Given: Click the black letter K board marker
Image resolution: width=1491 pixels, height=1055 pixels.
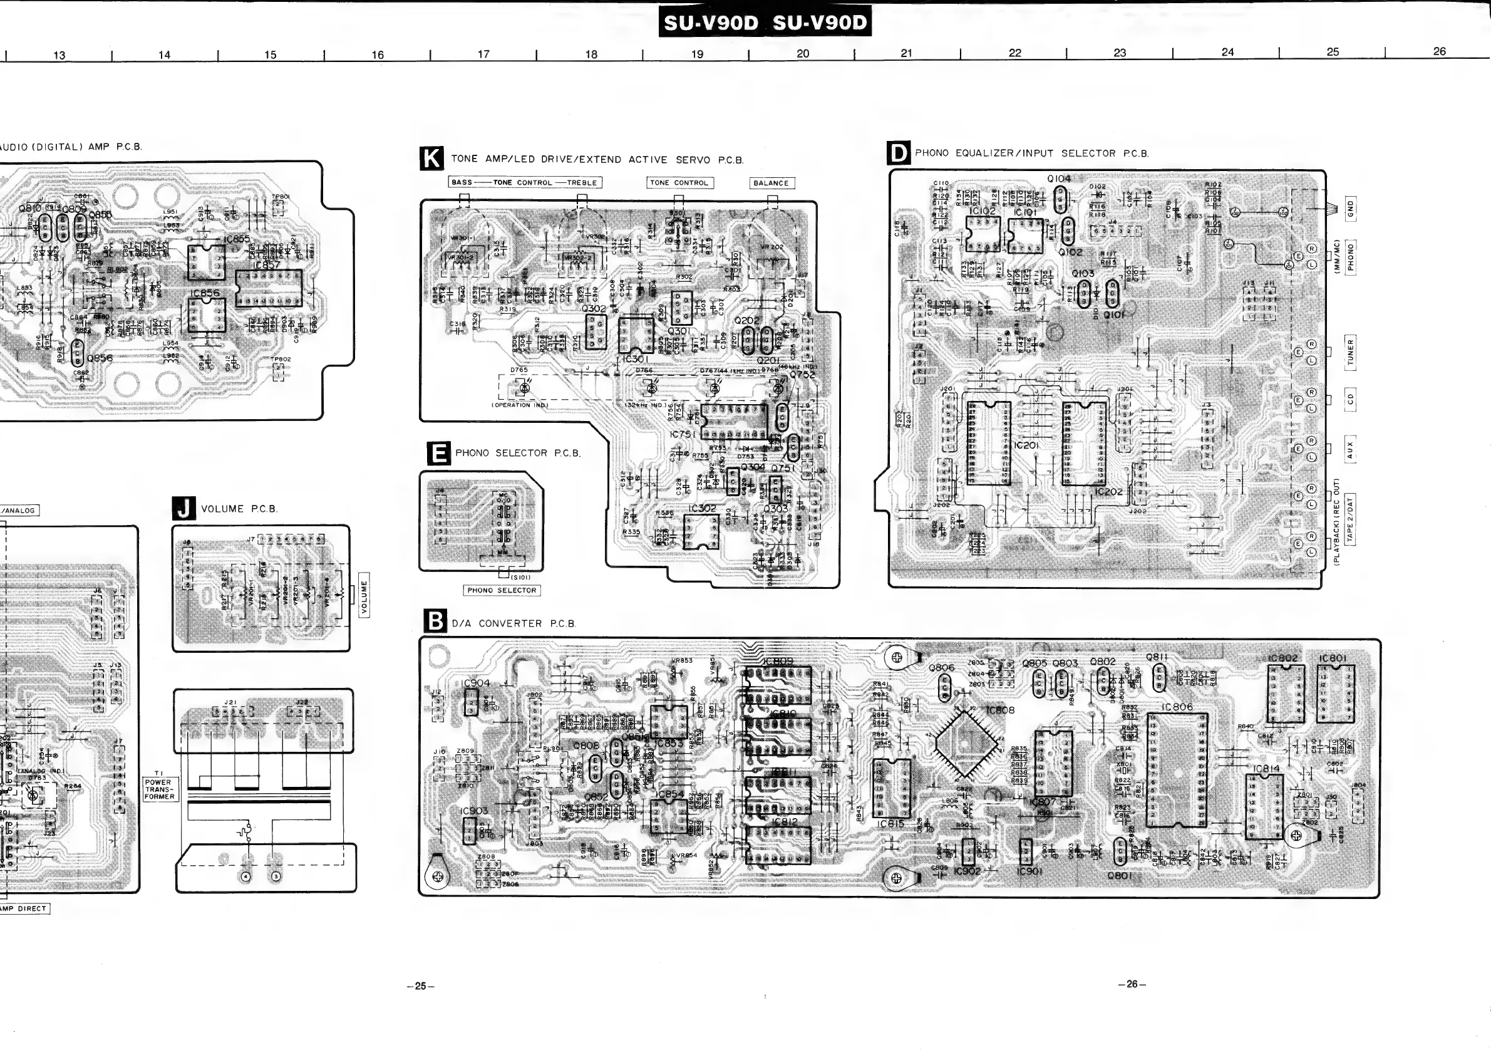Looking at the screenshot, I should pyautogui.click(x=432, y=159).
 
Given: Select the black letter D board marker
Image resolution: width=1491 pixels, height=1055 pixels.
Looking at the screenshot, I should pyautogui.click(x=899, y=153).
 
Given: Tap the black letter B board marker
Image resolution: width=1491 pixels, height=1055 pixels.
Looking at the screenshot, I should pyautogui.click(x=435, y=621).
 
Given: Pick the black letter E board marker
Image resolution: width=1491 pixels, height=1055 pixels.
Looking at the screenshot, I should pyautogui.click(x=439, y=453).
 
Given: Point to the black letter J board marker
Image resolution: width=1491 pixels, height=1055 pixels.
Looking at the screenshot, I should pyautogui.click(x=183, y=508).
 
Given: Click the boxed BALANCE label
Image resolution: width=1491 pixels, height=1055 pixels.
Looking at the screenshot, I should pyautogui.click(x=771, y=183).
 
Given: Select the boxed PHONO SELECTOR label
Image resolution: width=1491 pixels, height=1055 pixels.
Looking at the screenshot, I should pyautogui.click(x=502, y=590).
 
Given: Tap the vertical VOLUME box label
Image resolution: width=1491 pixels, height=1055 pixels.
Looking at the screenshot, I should pyautogui.click(x=364, y=595).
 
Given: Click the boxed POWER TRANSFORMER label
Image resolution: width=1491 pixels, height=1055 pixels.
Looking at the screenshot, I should pyautogui.click(x=158, y=789).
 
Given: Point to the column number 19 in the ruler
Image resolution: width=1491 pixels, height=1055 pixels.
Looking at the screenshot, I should pyautogui.click(x=697, y=54).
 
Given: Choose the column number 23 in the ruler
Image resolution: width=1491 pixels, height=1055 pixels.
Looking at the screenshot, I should pyautogui.click(x=1120, y=53).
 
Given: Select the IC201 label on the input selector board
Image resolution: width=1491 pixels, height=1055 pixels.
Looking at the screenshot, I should pyautogui.click(x=1026, y=445).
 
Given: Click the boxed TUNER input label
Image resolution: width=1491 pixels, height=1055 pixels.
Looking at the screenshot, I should pyautogui.click(x=1350, y=352).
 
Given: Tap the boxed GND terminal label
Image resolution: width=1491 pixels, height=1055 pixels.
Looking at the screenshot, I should pyautogui.click(x=1351, y=209).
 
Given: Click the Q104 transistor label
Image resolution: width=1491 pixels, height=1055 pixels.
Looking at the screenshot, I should pyautogui.click(x=1058, y=179).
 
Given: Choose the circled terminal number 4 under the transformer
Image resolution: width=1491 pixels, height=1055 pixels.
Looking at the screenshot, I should pyautogui.click(x=245, y=876).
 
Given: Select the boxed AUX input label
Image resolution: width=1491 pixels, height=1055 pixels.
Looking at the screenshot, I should pyautogui.click(x=1349, y=450).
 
